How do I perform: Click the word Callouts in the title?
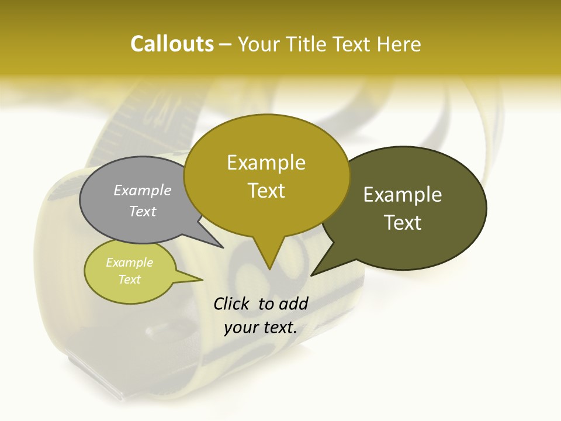(x=172, y=44)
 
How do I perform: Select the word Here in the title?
(x=399, y=44)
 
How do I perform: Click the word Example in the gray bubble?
(x=142, y=191)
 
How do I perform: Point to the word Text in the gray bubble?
(x=142, y=212)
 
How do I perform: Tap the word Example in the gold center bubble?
(x=266, y=163)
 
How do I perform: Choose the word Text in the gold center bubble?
(x=266, y=191)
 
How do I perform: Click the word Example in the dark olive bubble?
(x=403, y=195)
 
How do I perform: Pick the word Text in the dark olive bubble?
(x=403, y=223)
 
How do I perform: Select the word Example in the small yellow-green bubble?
(x=129, y=263)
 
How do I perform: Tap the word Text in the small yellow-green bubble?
(x=129, y=279)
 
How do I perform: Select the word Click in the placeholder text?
(x=232, y=304)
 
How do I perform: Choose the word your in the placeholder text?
(x=241, y=327)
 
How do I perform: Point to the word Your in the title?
(x=259, y=44)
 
